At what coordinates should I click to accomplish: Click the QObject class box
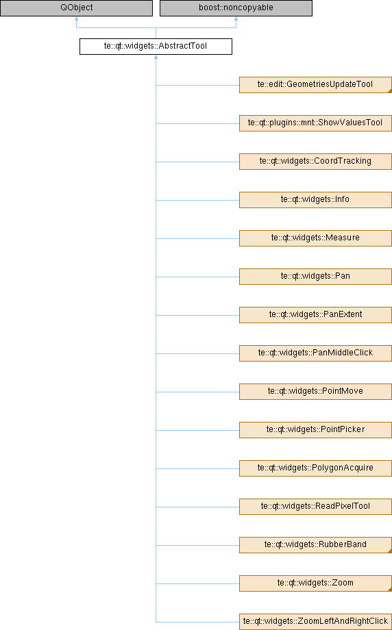76,8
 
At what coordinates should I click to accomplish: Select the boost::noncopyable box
236,8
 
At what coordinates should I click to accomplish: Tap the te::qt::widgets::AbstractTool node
156,47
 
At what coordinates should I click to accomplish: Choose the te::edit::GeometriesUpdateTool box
315,85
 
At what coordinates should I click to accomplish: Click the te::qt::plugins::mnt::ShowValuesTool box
315,123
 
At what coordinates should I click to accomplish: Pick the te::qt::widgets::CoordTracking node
315,162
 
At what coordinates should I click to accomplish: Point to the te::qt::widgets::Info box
315,200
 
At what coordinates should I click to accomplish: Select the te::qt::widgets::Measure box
315,238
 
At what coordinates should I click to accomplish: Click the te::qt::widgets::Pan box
315,277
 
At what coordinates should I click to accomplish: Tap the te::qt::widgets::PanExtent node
315,315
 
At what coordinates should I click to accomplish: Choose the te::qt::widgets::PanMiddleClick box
315,353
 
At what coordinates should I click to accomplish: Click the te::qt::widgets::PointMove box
315,392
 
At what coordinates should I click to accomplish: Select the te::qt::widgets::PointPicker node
315,430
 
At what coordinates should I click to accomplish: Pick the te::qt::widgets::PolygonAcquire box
315,468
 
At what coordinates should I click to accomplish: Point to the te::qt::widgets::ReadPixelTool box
315,507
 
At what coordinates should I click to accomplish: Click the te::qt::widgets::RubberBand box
315,545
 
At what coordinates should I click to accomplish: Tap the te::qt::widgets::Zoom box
315,583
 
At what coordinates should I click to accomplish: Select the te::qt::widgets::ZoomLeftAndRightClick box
315,622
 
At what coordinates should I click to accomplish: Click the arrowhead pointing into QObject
76,19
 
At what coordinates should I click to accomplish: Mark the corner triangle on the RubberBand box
390,551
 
